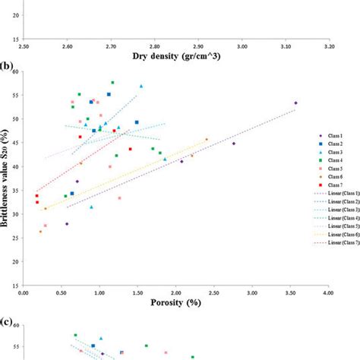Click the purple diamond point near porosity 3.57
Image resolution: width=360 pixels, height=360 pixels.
pyautogui.click(x=295, y=103)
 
